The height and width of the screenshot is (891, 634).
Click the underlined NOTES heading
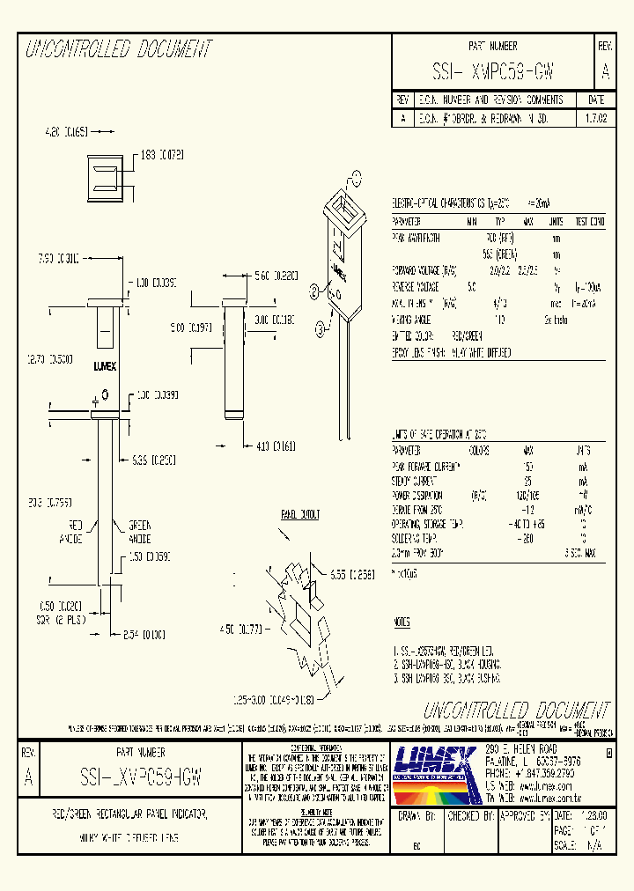402,622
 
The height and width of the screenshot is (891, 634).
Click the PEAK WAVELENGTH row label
417,237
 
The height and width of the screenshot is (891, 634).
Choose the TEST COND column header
589,221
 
